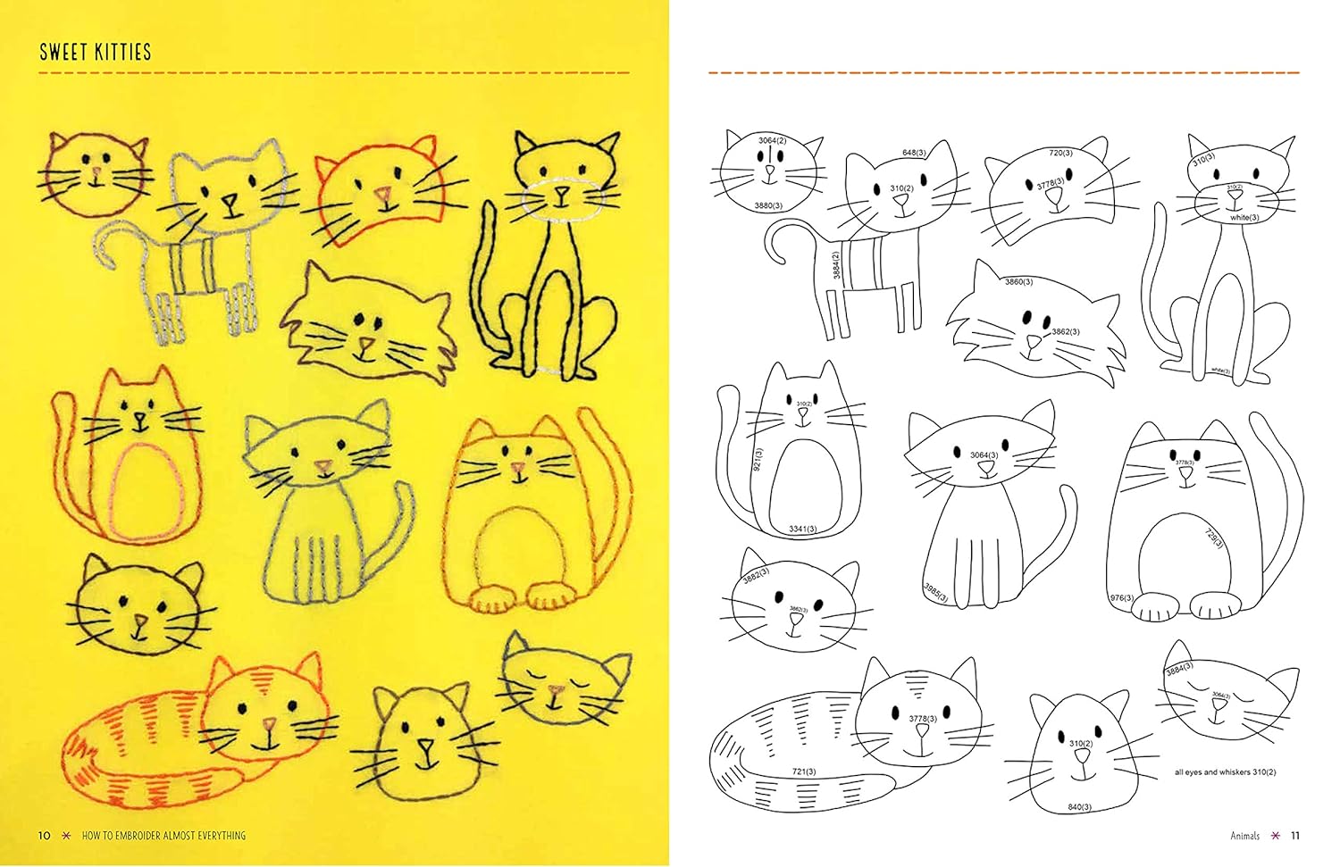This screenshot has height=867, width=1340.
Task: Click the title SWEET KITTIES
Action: click(96, 52)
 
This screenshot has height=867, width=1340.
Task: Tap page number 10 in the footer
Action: click(44, 836)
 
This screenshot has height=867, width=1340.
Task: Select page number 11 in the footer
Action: click(1295, 836)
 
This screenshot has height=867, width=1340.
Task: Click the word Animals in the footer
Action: click(1244, 836)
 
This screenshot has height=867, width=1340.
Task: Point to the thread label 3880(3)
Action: click(768, 205)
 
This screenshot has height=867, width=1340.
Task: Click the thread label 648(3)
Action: click(913, 153)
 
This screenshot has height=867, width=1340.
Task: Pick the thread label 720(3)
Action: click(1060, 153)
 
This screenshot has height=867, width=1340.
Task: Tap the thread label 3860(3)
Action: click(1018, 281)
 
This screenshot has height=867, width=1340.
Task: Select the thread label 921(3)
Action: click(758, 459)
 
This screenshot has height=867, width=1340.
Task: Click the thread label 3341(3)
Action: click(802, 529)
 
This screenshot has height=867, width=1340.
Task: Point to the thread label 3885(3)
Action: click(935, 592)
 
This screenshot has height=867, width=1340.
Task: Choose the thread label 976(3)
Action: click(1122, 597)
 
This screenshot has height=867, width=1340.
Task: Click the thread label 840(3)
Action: click(1079, 807)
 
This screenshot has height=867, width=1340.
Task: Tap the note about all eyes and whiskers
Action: click(1225, 772)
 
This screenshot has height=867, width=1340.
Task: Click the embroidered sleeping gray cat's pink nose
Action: click(557, 690)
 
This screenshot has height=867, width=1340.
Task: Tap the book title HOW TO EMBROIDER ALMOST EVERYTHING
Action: click(163, 836)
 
